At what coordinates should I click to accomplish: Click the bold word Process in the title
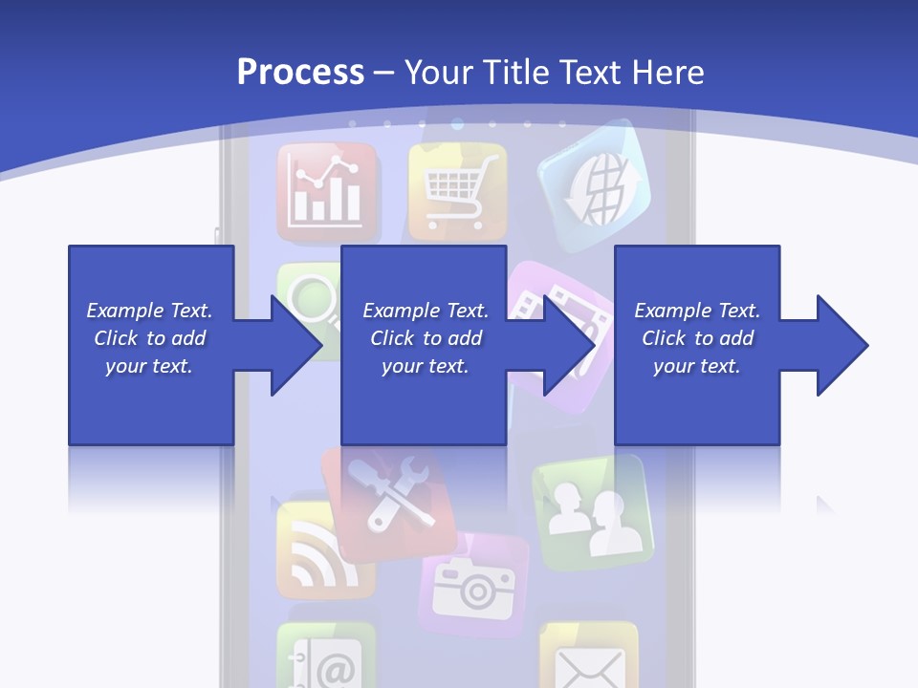point(300,72)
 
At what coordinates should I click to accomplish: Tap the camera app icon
point(474,586)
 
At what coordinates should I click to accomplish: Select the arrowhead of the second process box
point(567,345)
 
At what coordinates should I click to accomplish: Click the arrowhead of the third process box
point(839,345)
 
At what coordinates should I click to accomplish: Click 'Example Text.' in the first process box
point(149,311)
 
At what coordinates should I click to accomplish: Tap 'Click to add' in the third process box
point(698,338)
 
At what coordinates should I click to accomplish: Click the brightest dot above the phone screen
point(457,123)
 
